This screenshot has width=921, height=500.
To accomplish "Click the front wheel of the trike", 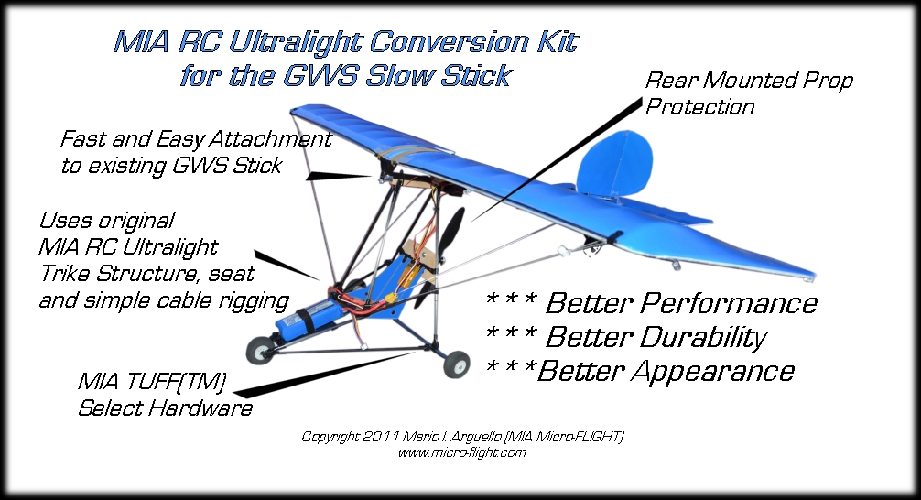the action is pos(260,351).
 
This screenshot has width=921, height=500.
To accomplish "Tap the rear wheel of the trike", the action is pos(457,364).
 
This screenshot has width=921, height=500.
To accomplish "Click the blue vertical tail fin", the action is pos(614,164).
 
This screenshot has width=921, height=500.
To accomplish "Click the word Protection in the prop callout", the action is pos(699,107).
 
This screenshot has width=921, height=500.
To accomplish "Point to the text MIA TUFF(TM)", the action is pos(152,382).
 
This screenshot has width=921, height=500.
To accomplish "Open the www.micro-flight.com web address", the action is pos(462,452).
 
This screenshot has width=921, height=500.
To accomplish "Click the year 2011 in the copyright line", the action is pos(382,437).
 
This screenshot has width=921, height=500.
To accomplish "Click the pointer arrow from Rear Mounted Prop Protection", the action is pos(556,160).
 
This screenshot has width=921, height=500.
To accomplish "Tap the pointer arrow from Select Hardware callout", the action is pos(324,374).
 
